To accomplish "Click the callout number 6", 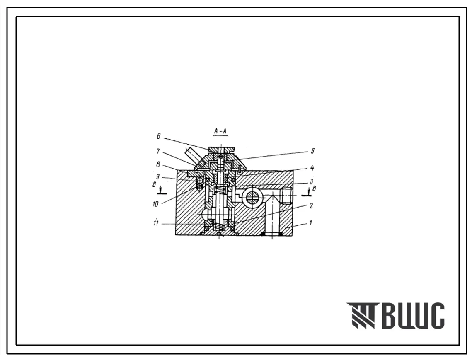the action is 158,137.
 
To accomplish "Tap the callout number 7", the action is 158,151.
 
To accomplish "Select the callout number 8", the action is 158,164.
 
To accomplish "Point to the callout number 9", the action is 157,177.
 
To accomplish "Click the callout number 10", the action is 155,204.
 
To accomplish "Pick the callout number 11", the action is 156,223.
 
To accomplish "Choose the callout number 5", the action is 312,151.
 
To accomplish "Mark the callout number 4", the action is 312,168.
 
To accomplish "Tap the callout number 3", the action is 311,181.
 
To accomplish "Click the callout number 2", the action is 311,205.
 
